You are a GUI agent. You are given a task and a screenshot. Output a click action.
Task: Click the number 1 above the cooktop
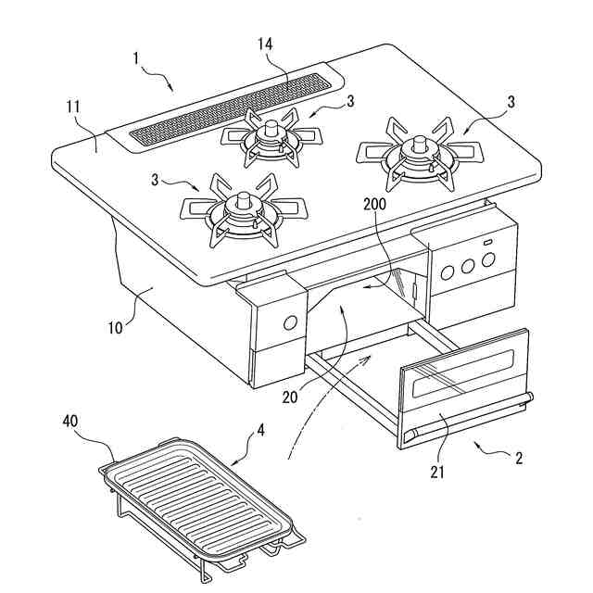click(x=136, y=58)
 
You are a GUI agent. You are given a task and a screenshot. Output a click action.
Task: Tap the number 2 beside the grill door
click(x=520, y=458)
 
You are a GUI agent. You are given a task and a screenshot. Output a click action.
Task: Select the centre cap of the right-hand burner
click(x=420, y=145)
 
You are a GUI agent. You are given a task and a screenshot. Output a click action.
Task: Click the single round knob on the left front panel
click(x=289, y=322)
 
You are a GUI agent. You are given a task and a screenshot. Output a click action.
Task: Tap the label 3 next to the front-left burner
click(x=155, y=179)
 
